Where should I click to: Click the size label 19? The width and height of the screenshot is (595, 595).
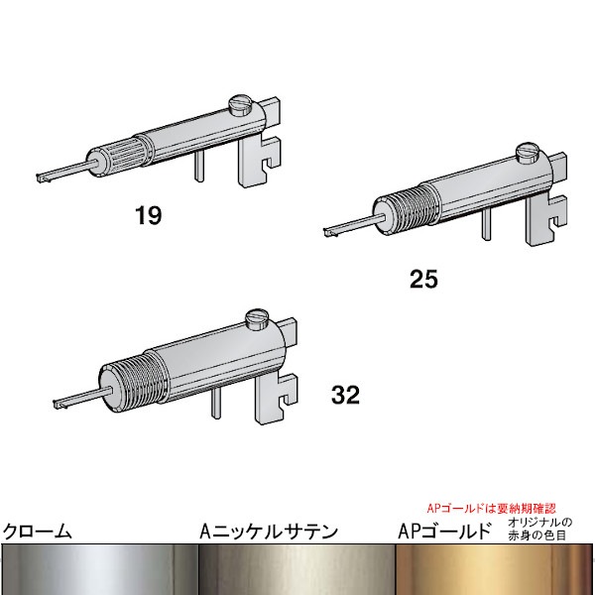(x=148, y=215)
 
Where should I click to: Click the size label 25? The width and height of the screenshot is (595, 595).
(x=423, y=279)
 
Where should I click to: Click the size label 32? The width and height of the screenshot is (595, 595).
(x=345, y=395)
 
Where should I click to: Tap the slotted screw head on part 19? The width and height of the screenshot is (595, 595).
(x=240, y=105)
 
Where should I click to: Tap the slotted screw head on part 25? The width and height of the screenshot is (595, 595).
(x=528, y=153)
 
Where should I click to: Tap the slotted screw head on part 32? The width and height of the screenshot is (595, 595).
(x=257, y=318)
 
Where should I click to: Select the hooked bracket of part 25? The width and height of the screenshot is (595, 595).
(x=546, y=219)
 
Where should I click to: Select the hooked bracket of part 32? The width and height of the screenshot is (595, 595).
(x=276, y=398)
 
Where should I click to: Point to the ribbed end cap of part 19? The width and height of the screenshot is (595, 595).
(x=117, y=159)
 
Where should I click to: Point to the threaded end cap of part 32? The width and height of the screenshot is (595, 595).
(x=132, y=384)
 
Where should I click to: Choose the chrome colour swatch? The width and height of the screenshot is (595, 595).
(x=99, y=569)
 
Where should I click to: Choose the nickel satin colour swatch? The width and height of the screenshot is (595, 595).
(x=297, y=569)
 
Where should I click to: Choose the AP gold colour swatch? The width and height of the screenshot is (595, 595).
(x=494, y=569)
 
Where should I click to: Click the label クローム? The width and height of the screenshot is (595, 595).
(x=38, y=531)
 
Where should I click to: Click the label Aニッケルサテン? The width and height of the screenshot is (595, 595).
(x=269, y=532)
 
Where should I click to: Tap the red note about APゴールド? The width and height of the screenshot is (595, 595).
(x=492, y=508)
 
